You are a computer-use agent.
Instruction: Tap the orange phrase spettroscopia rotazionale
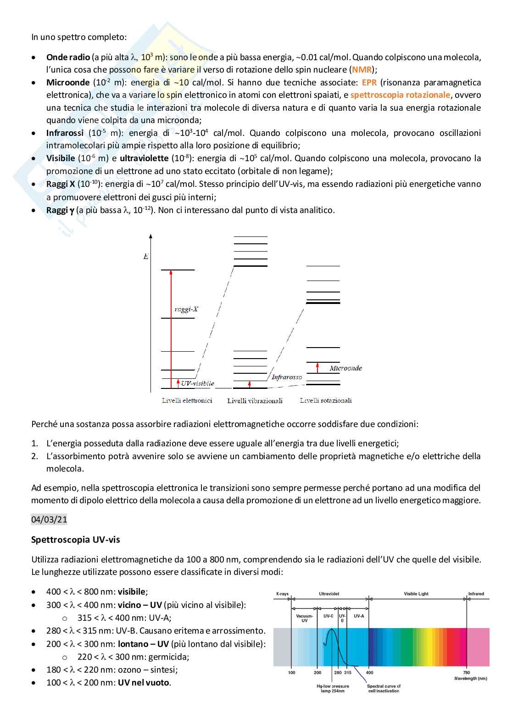[x=400, y=95]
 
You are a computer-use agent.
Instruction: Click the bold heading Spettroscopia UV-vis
[x=76, y=540]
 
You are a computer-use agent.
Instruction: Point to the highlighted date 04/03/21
[x=49, y=520]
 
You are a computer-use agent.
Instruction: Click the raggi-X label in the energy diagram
[x=186, y=309]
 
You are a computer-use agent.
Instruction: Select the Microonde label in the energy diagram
[x=345, y=368]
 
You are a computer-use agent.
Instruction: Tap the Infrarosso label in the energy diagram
[x=287, y=377]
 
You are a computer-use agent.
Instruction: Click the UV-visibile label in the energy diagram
[x=197, y=383]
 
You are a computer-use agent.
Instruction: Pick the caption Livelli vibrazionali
[x=255, y=401]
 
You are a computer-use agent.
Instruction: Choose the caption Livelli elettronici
[x=187, y=400]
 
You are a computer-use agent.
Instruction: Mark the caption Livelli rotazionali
[x=326, y=400]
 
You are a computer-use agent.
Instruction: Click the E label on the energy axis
[x=146, y=256]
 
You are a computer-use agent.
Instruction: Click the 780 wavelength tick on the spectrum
[x=466, y=673]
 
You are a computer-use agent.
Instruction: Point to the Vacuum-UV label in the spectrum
[x=305, y=618]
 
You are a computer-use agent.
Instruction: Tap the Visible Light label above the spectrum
[x=416, y=594]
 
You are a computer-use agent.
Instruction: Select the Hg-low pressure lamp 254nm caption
[x=333, y=688]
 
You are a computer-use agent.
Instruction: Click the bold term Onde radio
[x=68, y=57]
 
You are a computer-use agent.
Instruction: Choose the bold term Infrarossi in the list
[x=65, y=133]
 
